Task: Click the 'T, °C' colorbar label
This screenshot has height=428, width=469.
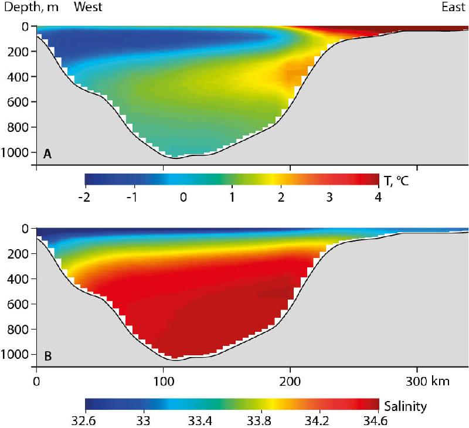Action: coord(396,181)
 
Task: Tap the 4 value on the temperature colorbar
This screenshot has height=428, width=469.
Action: coord(378,198)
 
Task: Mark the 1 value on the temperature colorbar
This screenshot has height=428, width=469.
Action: coord(232,198)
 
